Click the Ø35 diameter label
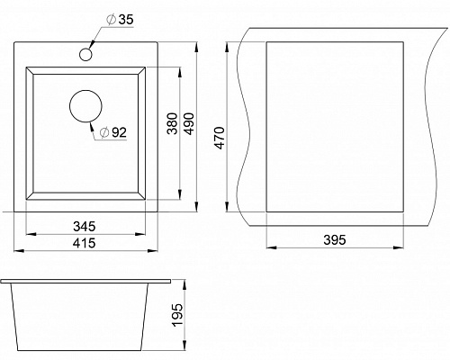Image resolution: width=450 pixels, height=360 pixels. coord(120,20)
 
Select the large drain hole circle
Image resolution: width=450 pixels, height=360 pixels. coord(85,106)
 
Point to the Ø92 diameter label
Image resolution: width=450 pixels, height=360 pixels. coord(113,132)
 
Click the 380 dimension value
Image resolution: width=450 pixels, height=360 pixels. coord(172,123)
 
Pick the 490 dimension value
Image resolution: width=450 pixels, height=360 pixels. coord(189,123)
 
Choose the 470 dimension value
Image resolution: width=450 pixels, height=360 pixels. coord(220,138)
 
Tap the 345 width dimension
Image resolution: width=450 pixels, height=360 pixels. coord(85,227)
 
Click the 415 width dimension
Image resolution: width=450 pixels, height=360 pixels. coord(85,243)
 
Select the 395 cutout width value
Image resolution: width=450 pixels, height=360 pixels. coord(335,239)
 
